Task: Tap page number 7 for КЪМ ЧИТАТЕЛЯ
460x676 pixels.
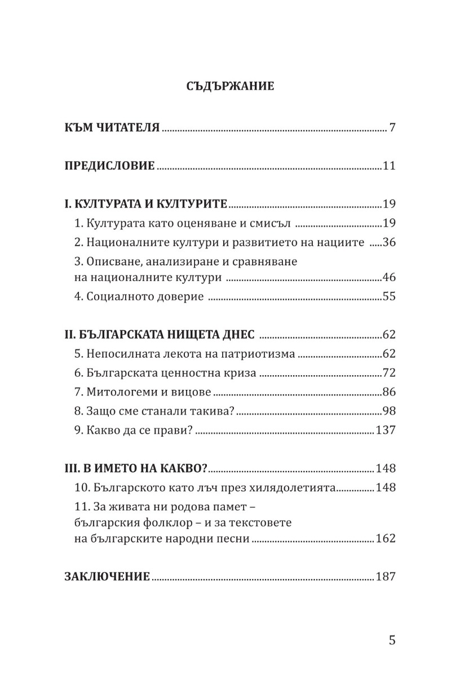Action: [x=392, y=126]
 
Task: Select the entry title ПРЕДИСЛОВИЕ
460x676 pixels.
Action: [x=109, y=166]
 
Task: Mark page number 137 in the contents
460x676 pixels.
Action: [x=386, y=430]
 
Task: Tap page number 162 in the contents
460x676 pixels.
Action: [x=386, y=539]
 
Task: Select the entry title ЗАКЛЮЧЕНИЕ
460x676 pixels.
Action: [x=107, y=577]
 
